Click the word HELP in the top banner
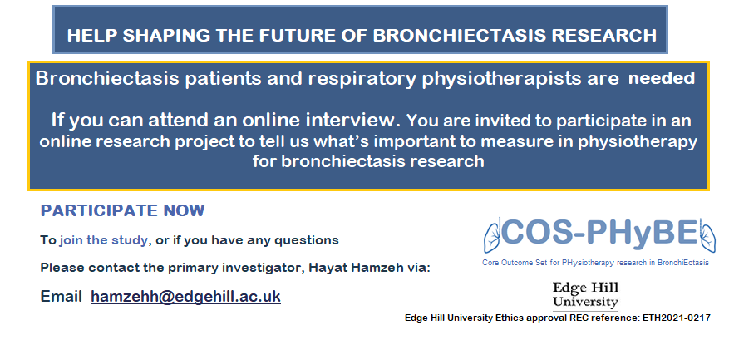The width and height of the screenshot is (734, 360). [88, 36]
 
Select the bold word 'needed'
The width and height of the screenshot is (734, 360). [661, 79]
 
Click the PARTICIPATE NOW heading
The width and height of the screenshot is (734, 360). [122, 210]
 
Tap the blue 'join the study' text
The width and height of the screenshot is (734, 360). [103, 240]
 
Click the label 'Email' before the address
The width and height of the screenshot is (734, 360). [62, 297]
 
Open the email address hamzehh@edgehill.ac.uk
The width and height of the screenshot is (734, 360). [185, 297]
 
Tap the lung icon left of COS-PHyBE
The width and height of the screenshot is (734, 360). [494, 234]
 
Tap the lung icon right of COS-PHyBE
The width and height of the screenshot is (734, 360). [708, 234]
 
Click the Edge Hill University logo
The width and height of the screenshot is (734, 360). [585, 294]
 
